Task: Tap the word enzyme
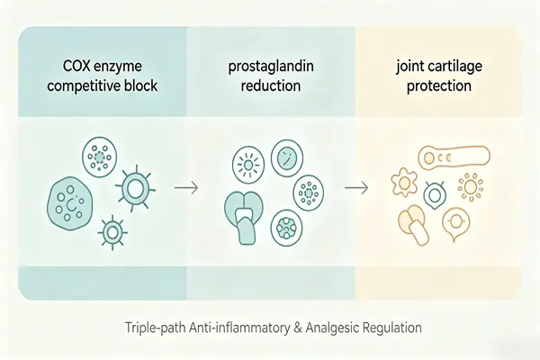pyautogui.click(x=118, y=67)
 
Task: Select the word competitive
pyautogui.click(x=81, y=85)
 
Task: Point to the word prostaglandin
pyautogui.click(x=271, y=67)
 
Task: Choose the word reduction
pyautogui.click(x=271, y=85)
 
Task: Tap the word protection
pyautogui.click(x=439, y=85)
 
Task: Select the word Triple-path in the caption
pyautogui.click(x=156, y=328)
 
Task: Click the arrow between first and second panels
pyautogui.click(x=186, y=188)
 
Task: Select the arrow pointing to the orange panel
pyautogui.click(x=356, y=188)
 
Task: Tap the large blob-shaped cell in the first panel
pyautogui.click(x=69, y=203)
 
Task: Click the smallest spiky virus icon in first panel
pyautogui.click(x=112, y=233)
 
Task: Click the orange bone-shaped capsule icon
pyautogui.click(x=454, y=158)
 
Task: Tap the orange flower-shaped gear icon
pyautogui.click(x=404, y=181)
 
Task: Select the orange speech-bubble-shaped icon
pyautogui.click(x=456, y=223)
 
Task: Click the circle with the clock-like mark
pyautogui.click(x=287, y=156)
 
